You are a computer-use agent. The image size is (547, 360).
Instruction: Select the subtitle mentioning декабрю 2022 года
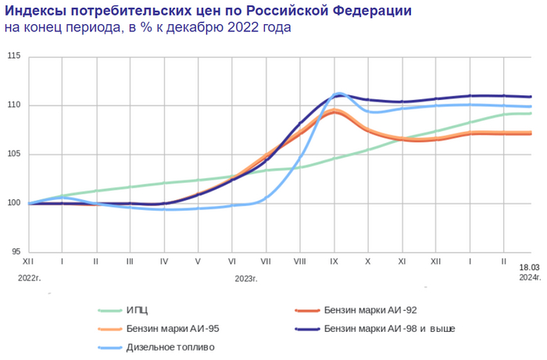148,28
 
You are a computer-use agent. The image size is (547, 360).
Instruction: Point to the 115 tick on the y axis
14,56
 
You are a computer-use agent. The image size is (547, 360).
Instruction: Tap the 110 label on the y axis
14,105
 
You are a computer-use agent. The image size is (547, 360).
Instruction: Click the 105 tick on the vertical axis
14,155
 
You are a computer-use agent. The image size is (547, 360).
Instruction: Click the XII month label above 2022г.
28,263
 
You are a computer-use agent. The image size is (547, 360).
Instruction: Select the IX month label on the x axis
334,263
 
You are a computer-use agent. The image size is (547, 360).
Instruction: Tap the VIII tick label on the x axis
299,263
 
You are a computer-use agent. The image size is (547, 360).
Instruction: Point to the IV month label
164,263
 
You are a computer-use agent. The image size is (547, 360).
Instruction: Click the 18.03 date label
529,267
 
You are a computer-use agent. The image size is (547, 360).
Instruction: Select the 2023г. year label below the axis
246,277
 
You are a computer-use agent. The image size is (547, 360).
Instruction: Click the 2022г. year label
30,277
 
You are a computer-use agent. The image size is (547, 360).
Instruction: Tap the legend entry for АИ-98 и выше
388,329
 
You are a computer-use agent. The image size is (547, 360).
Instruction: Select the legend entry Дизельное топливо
168,348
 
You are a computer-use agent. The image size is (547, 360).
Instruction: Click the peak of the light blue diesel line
338,94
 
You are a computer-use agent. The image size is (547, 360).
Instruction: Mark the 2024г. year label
529,276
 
